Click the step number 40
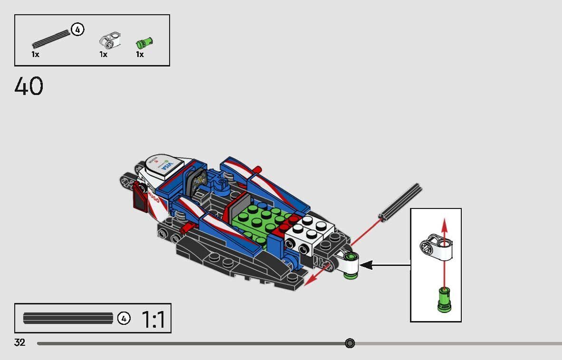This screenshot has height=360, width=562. pos(29,86)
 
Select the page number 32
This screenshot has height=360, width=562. pos(19,342)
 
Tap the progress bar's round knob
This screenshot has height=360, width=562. pos(350,343)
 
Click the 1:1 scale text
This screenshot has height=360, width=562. pos(153,320)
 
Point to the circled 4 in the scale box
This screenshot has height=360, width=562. pos(124,318)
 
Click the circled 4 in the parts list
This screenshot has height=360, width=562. pos(77,29)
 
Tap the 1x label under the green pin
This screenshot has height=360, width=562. pos(140,55)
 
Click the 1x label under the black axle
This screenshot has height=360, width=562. pos(35,55)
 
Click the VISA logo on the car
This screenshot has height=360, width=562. pos(166,166)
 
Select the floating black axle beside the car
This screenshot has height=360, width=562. pos(400,201)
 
